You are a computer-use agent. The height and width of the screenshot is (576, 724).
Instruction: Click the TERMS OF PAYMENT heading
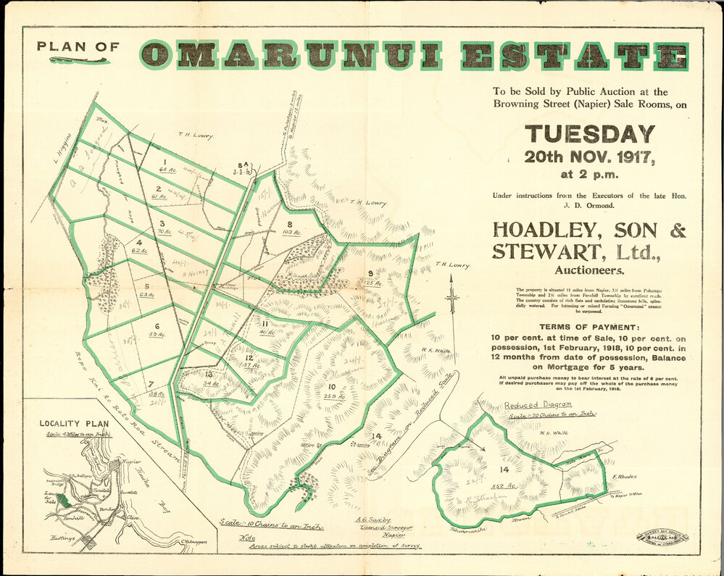[589, 327]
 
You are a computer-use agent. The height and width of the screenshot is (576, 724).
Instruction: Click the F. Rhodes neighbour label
[623, 478]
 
